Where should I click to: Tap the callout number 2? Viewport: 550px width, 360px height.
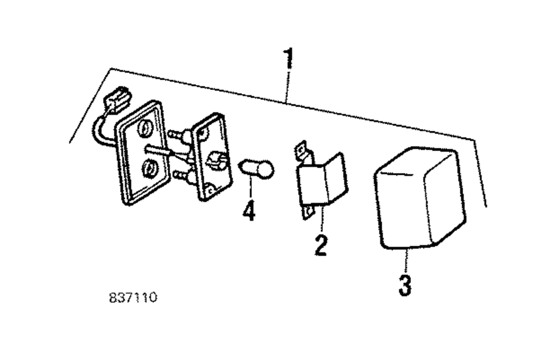321,245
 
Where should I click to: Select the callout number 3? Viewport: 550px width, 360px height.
405,285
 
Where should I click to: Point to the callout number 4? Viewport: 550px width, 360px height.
249,211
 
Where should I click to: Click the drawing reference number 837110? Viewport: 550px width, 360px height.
133,298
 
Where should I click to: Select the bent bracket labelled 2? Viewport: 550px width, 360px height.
322,181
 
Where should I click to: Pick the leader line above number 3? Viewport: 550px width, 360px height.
405,261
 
